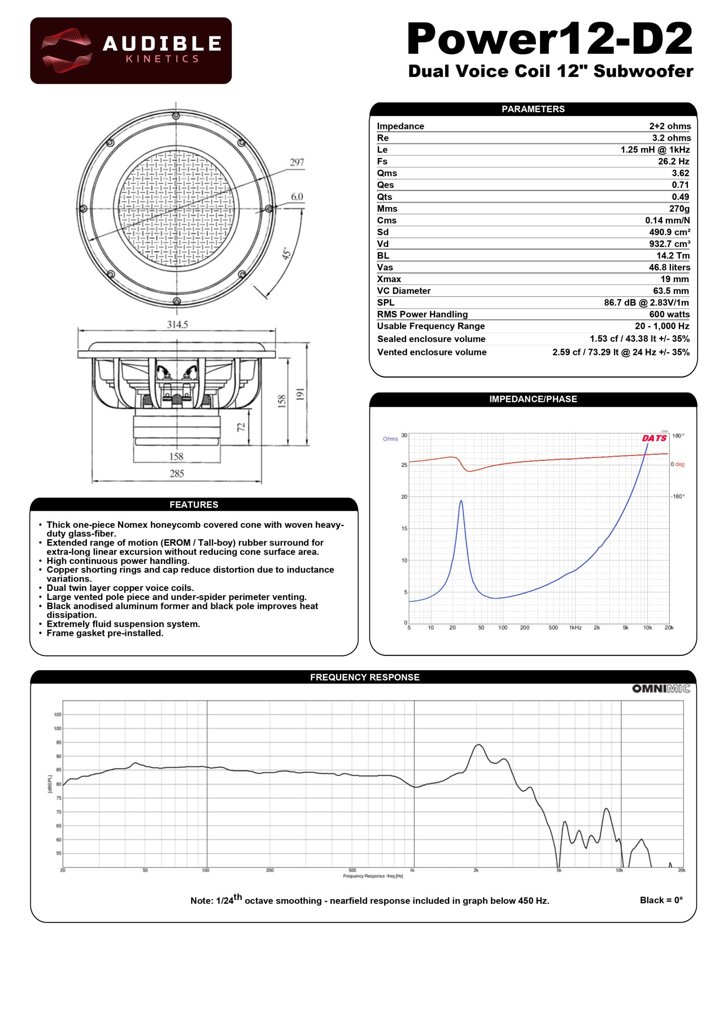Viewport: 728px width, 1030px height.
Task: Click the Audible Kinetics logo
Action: [x=130, y=51]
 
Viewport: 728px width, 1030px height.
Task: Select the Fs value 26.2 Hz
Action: [x=673, y=162]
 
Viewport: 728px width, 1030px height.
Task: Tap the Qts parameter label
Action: [x=384, y=197]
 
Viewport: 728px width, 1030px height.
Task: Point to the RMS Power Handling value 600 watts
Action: [x=669, y=314]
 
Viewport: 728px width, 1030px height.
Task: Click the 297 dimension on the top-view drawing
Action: [x=297, y=162]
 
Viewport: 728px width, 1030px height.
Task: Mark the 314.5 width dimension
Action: [x=177, y=324]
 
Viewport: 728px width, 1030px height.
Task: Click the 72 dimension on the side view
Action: [x=241, y=427]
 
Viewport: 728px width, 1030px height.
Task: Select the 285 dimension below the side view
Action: [x=177, y=473]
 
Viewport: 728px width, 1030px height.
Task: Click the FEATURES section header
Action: [x=194, y=505]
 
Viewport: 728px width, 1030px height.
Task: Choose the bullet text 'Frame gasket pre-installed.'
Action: [x=105, y=633]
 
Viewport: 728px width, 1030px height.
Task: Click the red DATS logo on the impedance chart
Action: [x=654, y=438]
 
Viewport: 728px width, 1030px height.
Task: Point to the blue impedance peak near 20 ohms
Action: [x=461, y=501]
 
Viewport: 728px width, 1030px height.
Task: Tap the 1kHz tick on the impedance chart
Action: [x=575, y=628]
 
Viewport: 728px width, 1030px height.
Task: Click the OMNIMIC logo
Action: [x=661, y=689]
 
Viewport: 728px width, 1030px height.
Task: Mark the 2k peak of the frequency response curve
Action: [x=479, y=745]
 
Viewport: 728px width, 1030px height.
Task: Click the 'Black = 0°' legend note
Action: [x=661, y=900]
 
